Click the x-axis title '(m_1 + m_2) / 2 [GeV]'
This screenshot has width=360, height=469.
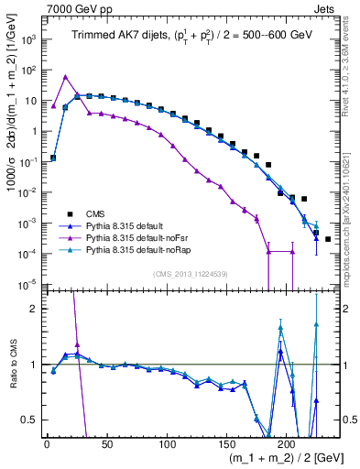tap(284, 460)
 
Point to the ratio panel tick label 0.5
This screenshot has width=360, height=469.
tap(29, 420)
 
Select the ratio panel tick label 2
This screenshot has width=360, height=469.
tap(35, 308)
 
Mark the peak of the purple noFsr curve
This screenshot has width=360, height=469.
tap(65, 77)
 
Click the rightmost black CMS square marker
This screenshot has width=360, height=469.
tap(328, 239)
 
